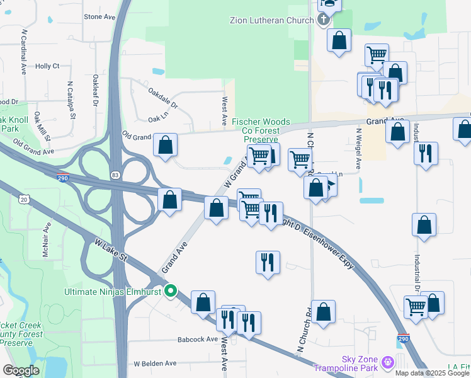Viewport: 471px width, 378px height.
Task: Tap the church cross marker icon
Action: point(324,20)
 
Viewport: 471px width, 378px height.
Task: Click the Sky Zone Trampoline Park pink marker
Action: point(387,362)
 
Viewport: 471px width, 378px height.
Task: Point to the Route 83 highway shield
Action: point(115,174)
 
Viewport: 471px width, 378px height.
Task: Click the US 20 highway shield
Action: point(24,199)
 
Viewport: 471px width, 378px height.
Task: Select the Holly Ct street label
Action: point(47,66)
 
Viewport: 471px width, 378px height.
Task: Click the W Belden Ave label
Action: point(155,364)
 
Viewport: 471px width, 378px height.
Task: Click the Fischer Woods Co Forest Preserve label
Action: point(261,130)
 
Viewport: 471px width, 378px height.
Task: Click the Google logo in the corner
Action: point(21,370)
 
